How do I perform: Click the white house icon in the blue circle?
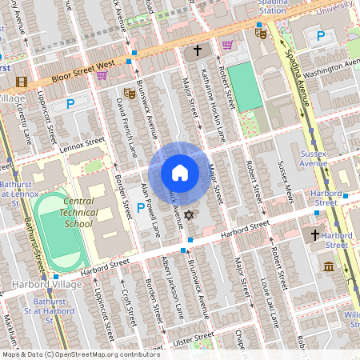(x=180, y=173)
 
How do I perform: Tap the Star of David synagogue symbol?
(x=190, y=216)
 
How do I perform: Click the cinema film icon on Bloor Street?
(x=22, y=82)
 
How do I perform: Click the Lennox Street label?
(x=82, y=142)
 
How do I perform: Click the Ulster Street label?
(x=193, y=338)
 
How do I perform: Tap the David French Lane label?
(x=126, y=127)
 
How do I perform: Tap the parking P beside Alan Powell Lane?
(x=141, y=208)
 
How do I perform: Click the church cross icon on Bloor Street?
(x=197, y=51)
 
